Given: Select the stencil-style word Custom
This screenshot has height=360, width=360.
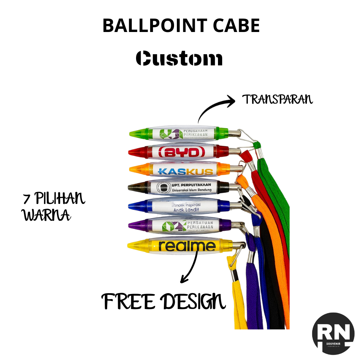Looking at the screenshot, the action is (179, 58).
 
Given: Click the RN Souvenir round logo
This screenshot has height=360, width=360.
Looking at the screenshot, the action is (333, 333).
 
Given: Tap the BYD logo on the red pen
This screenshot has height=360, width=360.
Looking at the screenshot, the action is (181, 153).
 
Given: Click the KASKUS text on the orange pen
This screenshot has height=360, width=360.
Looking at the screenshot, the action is (186, 172).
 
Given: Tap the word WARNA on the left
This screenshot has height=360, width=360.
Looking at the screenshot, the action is (46, 215).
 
